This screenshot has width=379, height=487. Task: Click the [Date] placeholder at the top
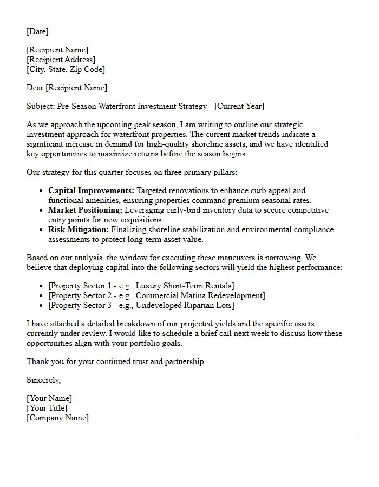pyautogui.click(x=37, y=31)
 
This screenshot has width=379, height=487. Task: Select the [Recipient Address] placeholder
pyautogui.click(x=61, y=60)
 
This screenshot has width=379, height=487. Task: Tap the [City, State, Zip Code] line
pyautogui.click(x=66, y=69)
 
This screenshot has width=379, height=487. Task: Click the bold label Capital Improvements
pyautogui.click(x=91, y=190)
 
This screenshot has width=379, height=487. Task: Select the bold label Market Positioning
pyautogui.click(x=85, y=210)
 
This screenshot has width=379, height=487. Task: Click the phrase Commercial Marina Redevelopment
pyautogui.click(x=198, y=295)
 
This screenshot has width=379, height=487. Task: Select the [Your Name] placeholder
pyautogui.click(x=49, y=398)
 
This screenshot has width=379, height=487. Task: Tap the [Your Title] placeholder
pyautogui.click(x=47, y=408)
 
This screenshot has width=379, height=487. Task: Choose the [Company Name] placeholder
pyautogui.click(x=57, y=418)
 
